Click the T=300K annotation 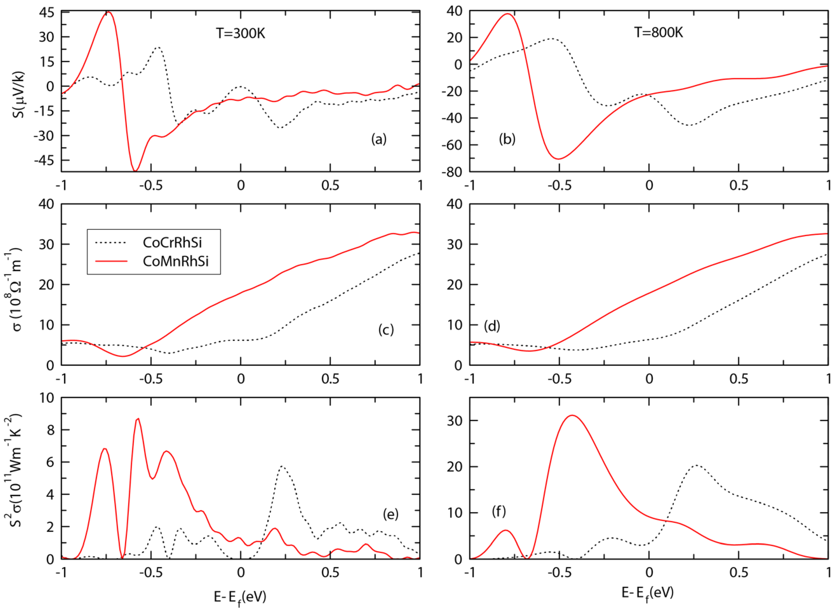tap(241, 34)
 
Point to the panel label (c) tap(386, 330)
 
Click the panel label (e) tap(390, 514)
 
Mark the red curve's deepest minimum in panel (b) tap(559, 159)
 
